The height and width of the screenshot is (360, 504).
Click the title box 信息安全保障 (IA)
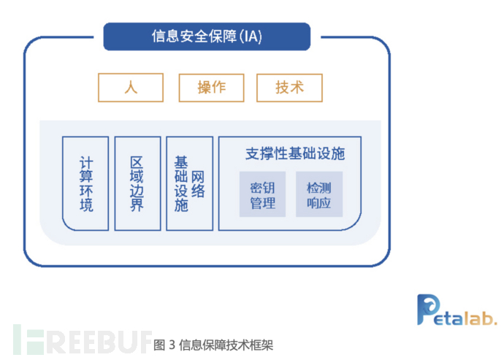pos(207,37)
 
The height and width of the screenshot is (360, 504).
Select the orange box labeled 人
pos(131,88)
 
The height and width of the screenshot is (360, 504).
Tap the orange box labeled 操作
pos(211,88)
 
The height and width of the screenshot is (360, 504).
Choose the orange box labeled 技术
pos(289,88)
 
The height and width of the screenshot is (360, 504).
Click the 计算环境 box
pos(85,183)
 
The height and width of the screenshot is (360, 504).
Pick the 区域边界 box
pos(137,183)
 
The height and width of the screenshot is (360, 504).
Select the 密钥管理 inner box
pos(262,194)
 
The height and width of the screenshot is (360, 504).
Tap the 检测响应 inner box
pos(318,194)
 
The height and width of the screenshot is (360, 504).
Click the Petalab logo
pos(457,310)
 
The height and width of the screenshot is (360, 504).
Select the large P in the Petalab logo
pos(429,308)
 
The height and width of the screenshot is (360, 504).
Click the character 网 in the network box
pos(198,176)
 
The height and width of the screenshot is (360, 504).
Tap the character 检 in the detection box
pos(312,187)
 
